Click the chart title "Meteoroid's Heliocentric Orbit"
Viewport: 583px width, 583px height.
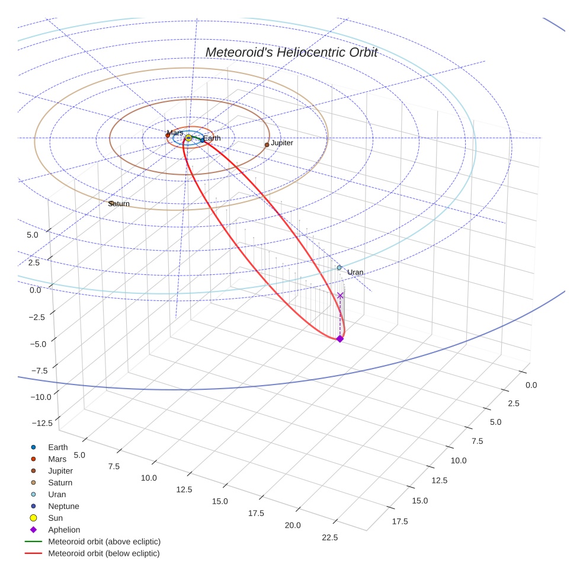291,53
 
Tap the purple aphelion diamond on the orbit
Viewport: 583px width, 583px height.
339,338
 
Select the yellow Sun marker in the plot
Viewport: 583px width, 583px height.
188,138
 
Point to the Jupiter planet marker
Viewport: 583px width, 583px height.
267,145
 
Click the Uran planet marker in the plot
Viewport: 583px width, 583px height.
339,268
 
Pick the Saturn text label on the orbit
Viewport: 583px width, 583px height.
119,204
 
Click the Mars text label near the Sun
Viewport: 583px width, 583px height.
175,133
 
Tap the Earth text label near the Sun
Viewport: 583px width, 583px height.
212,138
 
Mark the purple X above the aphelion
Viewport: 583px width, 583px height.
340,295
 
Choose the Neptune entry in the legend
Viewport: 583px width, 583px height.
63,507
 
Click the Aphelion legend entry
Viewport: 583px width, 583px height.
64,530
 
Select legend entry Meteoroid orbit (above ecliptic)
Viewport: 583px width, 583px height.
104,542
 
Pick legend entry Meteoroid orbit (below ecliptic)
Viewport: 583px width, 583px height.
104,553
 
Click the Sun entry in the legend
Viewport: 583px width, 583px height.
56,518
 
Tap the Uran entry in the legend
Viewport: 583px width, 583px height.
57,494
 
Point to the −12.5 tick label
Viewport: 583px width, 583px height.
41,422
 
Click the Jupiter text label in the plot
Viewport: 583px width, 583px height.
282,143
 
